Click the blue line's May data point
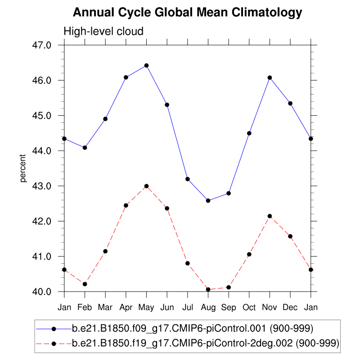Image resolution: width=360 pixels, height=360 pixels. coord(146,65)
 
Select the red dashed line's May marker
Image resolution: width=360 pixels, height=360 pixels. coord(146,186)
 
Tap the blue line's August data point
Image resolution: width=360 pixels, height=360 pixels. coord(208,200)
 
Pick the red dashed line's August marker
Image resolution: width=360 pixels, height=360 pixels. coord(208,289)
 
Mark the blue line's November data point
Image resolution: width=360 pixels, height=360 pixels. coord(270,77)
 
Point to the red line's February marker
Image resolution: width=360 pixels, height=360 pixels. coord(85,284)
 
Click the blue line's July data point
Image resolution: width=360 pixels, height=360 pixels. coord(187,179)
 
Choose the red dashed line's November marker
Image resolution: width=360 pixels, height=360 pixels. coord(270,216)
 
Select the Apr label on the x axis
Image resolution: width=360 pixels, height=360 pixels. coord(126,308)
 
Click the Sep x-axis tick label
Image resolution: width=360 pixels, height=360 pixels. coord(229,308)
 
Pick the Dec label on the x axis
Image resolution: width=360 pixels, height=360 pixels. coord(290,308)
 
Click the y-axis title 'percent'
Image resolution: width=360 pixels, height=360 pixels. coord(22,168)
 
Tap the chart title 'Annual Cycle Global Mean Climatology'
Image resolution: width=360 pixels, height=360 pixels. coord(187,12)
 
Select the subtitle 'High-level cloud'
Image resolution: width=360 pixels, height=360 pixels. coord(103,31)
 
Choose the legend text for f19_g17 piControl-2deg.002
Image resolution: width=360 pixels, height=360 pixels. coord(205,343)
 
